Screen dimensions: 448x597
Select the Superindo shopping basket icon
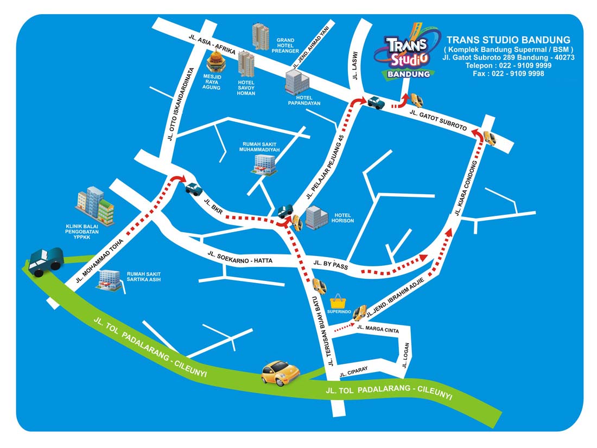[x=339, y=302]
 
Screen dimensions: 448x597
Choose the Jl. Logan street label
[x=405, y=355]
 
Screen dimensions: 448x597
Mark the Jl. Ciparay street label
[x=353, y=371]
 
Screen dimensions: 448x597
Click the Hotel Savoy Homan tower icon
[x=246, y=63]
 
